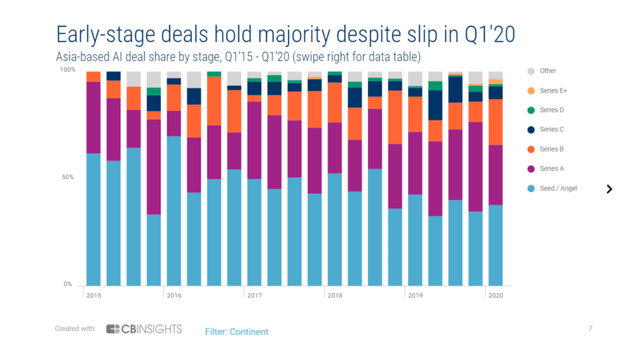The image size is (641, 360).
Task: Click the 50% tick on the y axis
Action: [x=68, y=177]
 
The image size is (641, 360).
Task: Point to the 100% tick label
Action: [x=67, y=70]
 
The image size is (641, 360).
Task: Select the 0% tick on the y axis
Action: [x=69, y=284]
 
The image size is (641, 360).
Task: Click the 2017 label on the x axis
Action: [x=254, y=295]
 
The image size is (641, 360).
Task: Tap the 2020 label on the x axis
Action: [x=496, y=295]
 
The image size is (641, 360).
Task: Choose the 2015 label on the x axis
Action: [x=93, y=295]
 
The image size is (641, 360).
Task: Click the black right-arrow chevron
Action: [x=609, y=189]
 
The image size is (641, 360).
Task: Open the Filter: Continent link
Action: [x=237, y=331]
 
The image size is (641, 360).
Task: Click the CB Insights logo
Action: [x=144, y=329]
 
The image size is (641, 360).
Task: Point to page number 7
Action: [x=590, y=328]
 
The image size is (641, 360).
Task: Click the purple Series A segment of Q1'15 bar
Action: [x=93, y=117]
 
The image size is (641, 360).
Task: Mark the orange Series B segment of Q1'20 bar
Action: [x=496, y=121]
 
